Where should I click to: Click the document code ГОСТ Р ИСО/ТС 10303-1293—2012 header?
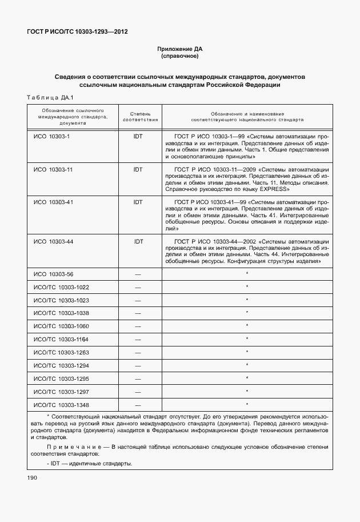point(77,32)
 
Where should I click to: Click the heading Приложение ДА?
point(180,49)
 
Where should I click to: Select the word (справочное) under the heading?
point(180,57)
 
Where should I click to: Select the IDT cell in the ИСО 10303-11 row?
point(138,169)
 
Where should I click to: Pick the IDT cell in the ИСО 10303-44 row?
point(138,241)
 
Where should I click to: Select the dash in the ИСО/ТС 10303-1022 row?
point(138,287)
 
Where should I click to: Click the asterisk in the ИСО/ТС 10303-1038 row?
point(247,313)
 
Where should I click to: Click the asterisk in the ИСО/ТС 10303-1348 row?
point(247,404)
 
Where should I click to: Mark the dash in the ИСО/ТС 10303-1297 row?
point(138,392)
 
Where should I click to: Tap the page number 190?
point(31,477)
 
